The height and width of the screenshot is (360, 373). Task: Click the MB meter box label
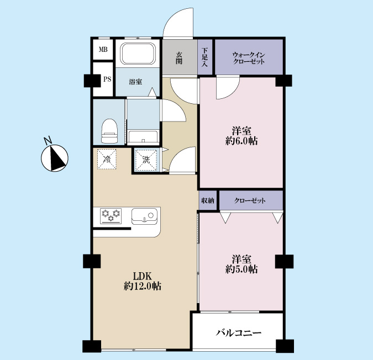point(103,50)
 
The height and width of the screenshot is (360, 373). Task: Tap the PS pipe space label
point(107,79)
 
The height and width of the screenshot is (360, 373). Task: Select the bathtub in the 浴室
point(138,54)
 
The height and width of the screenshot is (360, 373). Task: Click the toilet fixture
point(109,131)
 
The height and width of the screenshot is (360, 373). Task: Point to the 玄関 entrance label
point(179,58)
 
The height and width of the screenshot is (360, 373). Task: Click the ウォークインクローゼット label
point(249,58)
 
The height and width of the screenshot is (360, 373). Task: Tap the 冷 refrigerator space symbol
point(107,159)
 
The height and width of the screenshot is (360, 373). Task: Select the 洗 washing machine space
point(146,160)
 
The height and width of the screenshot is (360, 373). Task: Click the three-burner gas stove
point(111,216)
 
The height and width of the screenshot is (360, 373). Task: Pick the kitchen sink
point(144,216)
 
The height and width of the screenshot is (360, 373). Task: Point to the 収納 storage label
point(208,201)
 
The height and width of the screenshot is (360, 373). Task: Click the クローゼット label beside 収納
point(250,201)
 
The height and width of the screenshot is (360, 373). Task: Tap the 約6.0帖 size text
point(241,141)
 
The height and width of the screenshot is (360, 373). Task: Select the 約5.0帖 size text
point(241,269)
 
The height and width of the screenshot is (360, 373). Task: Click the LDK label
point(142,277)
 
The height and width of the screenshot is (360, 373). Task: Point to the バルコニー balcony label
point(239,333)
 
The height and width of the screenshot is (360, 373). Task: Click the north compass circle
point(55,158)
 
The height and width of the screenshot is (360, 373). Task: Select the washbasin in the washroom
point(143,137)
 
